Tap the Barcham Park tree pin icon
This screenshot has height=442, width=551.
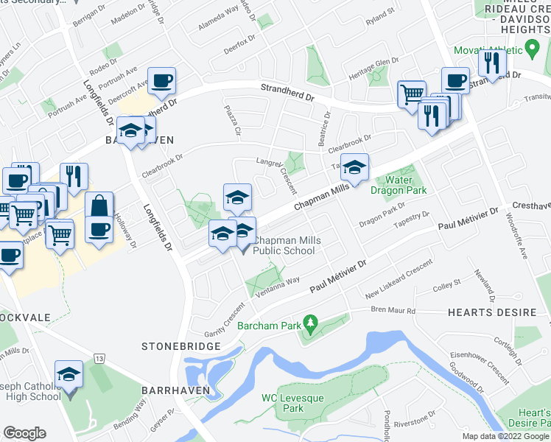[311, 323]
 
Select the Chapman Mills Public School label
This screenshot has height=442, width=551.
[284, 246]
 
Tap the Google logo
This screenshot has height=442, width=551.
[24, 433]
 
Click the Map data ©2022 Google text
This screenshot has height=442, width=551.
[505, 436]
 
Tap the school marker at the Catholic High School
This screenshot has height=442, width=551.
[69, 374]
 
